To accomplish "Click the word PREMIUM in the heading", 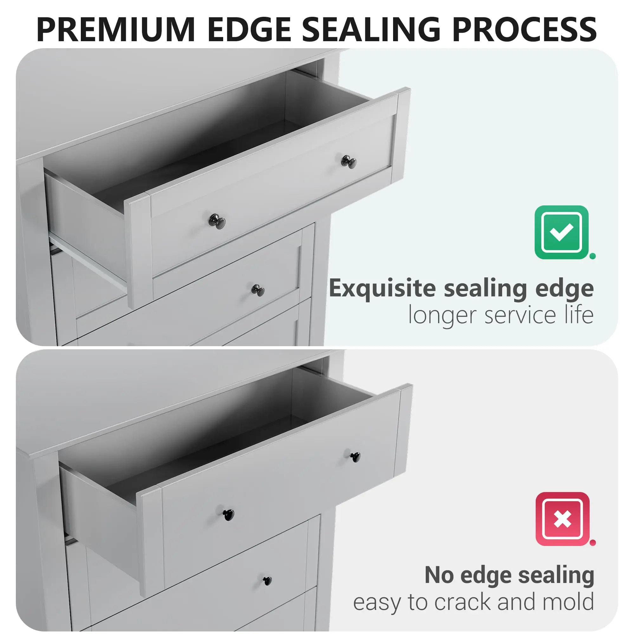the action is (116, 29).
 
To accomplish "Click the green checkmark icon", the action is (561, 232).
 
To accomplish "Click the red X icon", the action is (562, 519).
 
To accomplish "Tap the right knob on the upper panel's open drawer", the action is (349, 162).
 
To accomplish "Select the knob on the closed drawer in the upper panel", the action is (258, 290).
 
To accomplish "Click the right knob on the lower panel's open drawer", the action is (355, 457).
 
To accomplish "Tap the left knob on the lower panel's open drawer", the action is (229, 515).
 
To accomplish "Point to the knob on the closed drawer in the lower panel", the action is (268, 581).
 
